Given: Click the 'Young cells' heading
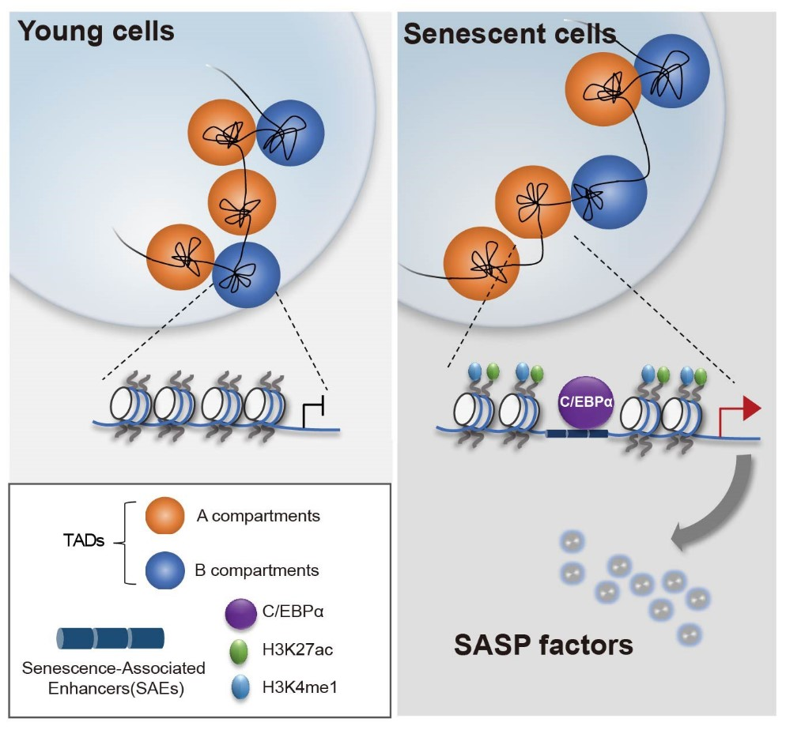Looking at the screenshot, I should [96, 31].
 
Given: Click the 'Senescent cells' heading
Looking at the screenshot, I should [509, 34].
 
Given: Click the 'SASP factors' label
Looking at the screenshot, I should [543, 645].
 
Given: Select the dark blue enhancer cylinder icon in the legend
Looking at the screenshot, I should [110, 637].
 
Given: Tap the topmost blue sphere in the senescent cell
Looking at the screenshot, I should [671, 70].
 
